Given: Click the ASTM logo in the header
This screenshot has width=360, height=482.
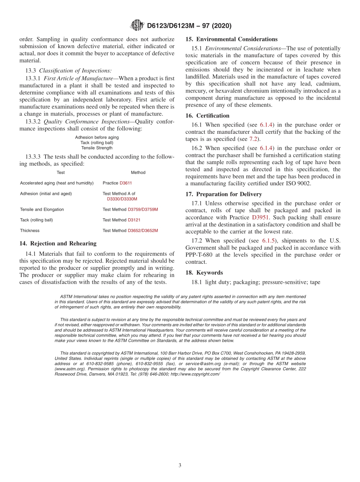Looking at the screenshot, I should [137, 25].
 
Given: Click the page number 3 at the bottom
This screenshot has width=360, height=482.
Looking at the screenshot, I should [180, 465].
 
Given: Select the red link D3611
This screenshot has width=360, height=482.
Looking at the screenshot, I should [126, 183].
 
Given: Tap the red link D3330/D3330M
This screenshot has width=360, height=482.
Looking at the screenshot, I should [122, 199].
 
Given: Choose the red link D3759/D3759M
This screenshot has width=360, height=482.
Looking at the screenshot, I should [143, 210].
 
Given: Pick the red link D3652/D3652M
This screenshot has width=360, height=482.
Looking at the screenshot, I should [143, 231].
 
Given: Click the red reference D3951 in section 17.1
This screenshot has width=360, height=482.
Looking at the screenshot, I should [260, 218].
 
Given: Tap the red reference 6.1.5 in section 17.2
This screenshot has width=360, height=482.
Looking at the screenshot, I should [271, 241].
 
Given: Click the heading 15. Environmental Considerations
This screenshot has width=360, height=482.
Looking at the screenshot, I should [231, 39].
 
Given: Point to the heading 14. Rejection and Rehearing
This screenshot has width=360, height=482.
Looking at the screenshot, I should [58, 244].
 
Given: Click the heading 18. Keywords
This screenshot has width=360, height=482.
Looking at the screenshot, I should [204, 273].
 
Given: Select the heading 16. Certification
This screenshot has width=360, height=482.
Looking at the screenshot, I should [207, 116].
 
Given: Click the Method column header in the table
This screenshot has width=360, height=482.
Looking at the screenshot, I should [138, 172].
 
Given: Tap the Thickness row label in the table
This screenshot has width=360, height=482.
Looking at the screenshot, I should [30, 231].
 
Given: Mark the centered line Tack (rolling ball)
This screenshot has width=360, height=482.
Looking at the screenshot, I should [97, 143].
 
